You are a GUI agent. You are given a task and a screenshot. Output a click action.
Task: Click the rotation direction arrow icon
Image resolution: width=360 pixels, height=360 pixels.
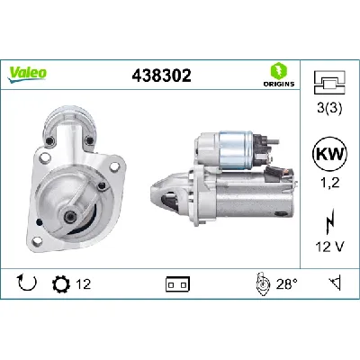26,285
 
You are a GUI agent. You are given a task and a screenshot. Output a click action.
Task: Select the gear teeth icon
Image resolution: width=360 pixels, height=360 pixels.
62,285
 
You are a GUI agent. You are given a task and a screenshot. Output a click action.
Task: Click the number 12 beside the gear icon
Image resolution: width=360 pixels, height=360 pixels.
83,285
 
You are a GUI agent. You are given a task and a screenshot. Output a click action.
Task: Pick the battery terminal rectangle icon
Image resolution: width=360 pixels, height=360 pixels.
176,285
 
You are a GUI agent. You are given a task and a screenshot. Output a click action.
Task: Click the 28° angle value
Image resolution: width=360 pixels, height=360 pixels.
285,285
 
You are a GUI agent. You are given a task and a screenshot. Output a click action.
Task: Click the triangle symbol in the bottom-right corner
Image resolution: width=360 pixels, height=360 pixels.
335,285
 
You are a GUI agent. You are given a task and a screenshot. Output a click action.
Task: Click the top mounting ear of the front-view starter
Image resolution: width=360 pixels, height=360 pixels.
71,122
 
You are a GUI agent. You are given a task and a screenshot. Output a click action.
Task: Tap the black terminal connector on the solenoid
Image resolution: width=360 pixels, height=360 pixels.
266,144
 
